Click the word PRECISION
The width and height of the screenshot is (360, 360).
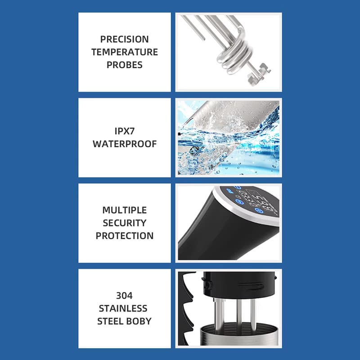[x=125, y=39]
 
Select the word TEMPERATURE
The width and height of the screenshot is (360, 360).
[x=125, y=52]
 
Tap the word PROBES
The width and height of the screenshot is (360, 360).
[x=125, y=65]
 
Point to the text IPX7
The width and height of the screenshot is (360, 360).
[x=125, y=131]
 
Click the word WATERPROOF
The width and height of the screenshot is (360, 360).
[x=125, y=144]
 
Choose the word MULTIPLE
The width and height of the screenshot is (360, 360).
[x=125, y=210]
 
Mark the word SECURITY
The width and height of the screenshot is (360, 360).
[x=125, y=223]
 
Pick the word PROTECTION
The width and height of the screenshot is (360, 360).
[x=125, y=236]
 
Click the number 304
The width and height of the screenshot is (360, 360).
[x=124, y=296]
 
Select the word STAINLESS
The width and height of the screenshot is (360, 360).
[x=123, y=308]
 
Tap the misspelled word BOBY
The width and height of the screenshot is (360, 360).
[x=139, y=321]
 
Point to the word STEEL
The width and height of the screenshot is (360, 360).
[x=111, y=321]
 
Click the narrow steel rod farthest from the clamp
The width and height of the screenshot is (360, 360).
[x=253, y=313]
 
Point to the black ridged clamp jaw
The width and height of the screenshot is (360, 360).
[x=186, y=308]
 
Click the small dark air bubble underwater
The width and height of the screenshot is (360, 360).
[x=191, y=150]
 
